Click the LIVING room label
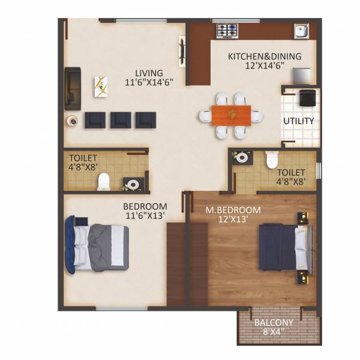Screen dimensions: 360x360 (149, 74)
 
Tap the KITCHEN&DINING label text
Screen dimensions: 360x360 (264, 57)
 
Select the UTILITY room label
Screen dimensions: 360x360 (298, 121)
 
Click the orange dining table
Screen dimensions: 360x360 (231, 114)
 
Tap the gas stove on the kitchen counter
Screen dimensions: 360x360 (228, 28)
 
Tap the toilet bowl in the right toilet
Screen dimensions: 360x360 (271, 160)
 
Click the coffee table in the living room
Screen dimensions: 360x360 (102, 88)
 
